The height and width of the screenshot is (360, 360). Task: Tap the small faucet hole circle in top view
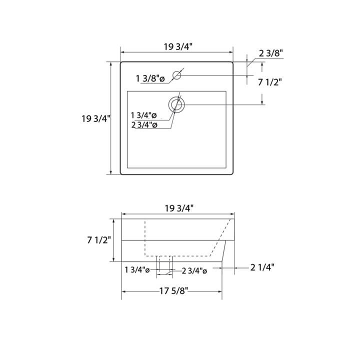tap(176, 75)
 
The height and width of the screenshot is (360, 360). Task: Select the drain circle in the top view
tap(176, 104)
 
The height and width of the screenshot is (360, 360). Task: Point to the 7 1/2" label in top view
tap(270, 83)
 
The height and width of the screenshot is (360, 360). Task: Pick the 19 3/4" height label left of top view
tap(95, 118)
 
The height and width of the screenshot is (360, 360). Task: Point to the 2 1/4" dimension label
tap(262, 267)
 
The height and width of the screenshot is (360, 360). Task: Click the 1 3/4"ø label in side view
tap(138, 270)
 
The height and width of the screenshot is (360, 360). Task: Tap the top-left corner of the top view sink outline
tap(121, 62)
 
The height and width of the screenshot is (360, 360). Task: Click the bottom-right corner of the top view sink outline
tap(233, 174)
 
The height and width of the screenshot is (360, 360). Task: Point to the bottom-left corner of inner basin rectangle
tap(128, 167)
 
